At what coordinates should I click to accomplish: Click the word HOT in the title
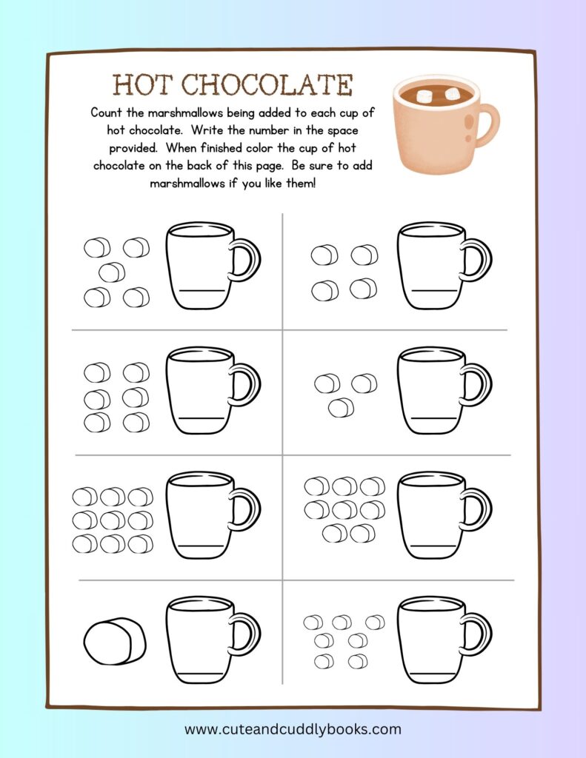(x=141, y=84)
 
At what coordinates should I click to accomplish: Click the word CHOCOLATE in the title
(x=267, y=84)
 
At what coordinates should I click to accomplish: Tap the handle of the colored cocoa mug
(x=487, y=124)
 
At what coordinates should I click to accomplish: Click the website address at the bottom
(x=293, y=729)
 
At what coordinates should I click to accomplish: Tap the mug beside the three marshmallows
(x=445, y=390)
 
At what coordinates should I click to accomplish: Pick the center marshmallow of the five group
(x=112, y=272)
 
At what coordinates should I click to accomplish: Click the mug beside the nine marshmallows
(x=213, y=515)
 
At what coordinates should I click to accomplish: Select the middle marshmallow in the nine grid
(x=113, y=520)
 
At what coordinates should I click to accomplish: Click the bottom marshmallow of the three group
(x=341, y=408)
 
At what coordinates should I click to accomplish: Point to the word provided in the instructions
(x=133, y=147)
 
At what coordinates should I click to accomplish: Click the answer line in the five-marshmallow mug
(x=203, y=291)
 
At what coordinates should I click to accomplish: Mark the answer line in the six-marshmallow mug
(x=202, y=417)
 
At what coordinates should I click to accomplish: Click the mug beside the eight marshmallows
(x=445, y=515)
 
